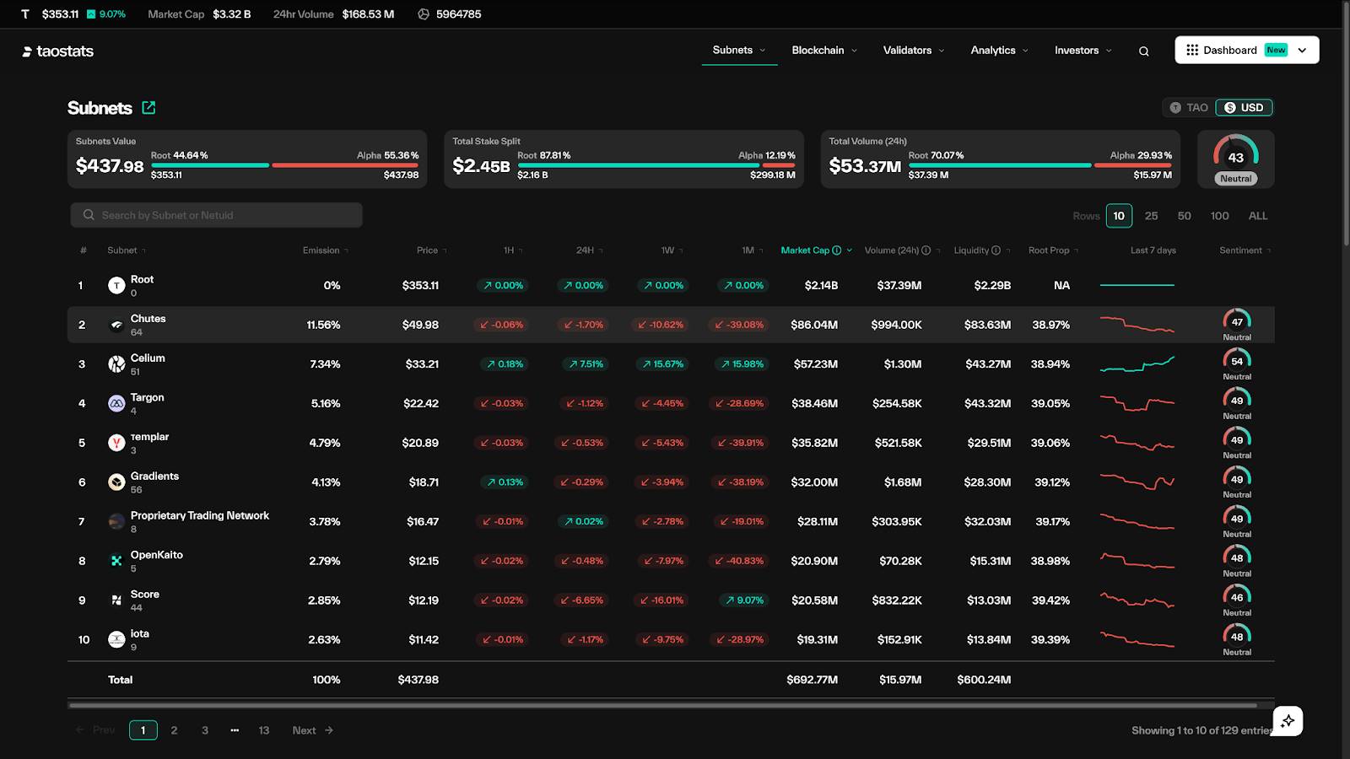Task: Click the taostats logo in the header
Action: [x=58, y=51]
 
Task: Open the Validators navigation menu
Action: [x=913, y=51]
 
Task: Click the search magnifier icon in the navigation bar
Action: [x=1143, y=51]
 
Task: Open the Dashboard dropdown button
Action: [x=1246, y=51]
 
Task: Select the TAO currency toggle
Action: [x=1188, y=108]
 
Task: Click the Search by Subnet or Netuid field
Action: [x=217, y=215]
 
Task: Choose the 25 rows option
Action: [x=1151, y=216]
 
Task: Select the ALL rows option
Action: [x=1257, y=216]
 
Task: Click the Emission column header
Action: [x=321, y=250]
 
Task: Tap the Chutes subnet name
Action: [x=148, y=319]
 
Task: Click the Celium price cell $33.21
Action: [x=422, y=364]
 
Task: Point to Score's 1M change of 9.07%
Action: [x=744, y=600]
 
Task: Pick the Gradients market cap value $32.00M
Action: [x=814, y=482]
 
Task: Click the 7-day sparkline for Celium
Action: [x=1137, y=364]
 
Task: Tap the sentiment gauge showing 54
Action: [x=1237, y=361]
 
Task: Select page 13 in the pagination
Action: [x=263, y=730]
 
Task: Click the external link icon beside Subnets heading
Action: [x=148, y=108]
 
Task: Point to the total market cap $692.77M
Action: [x=812, y=680]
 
